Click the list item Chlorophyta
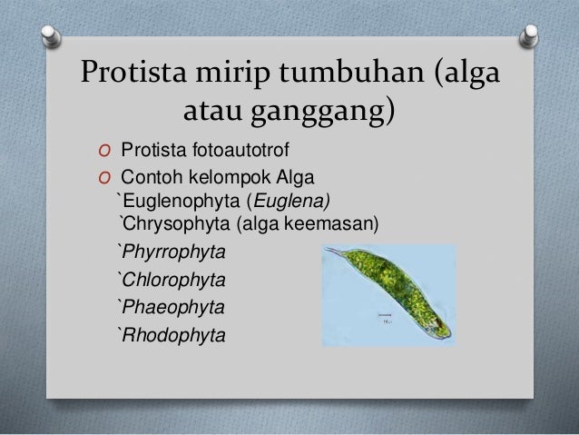click(x=170, y=277)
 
